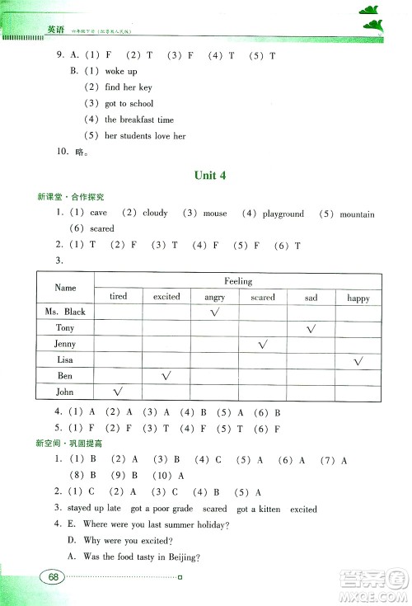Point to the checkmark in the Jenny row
coord(263,344)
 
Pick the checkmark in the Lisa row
coord(358,360)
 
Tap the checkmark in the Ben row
coord(166,376)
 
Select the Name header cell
coord(65,288)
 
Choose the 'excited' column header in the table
coord(166,297)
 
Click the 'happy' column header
coord(358,298)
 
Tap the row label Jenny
coord(65,344)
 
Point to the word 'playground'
coord(283,214)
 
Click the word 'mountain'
coord(357,214)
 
